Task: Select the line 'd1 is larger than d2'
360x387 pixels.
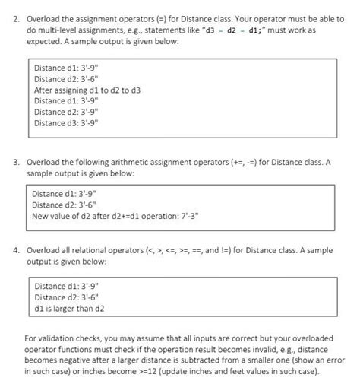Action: [x=70, y=309]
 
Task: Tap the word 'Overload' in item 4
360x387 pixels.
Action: [x=43, y=249]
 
